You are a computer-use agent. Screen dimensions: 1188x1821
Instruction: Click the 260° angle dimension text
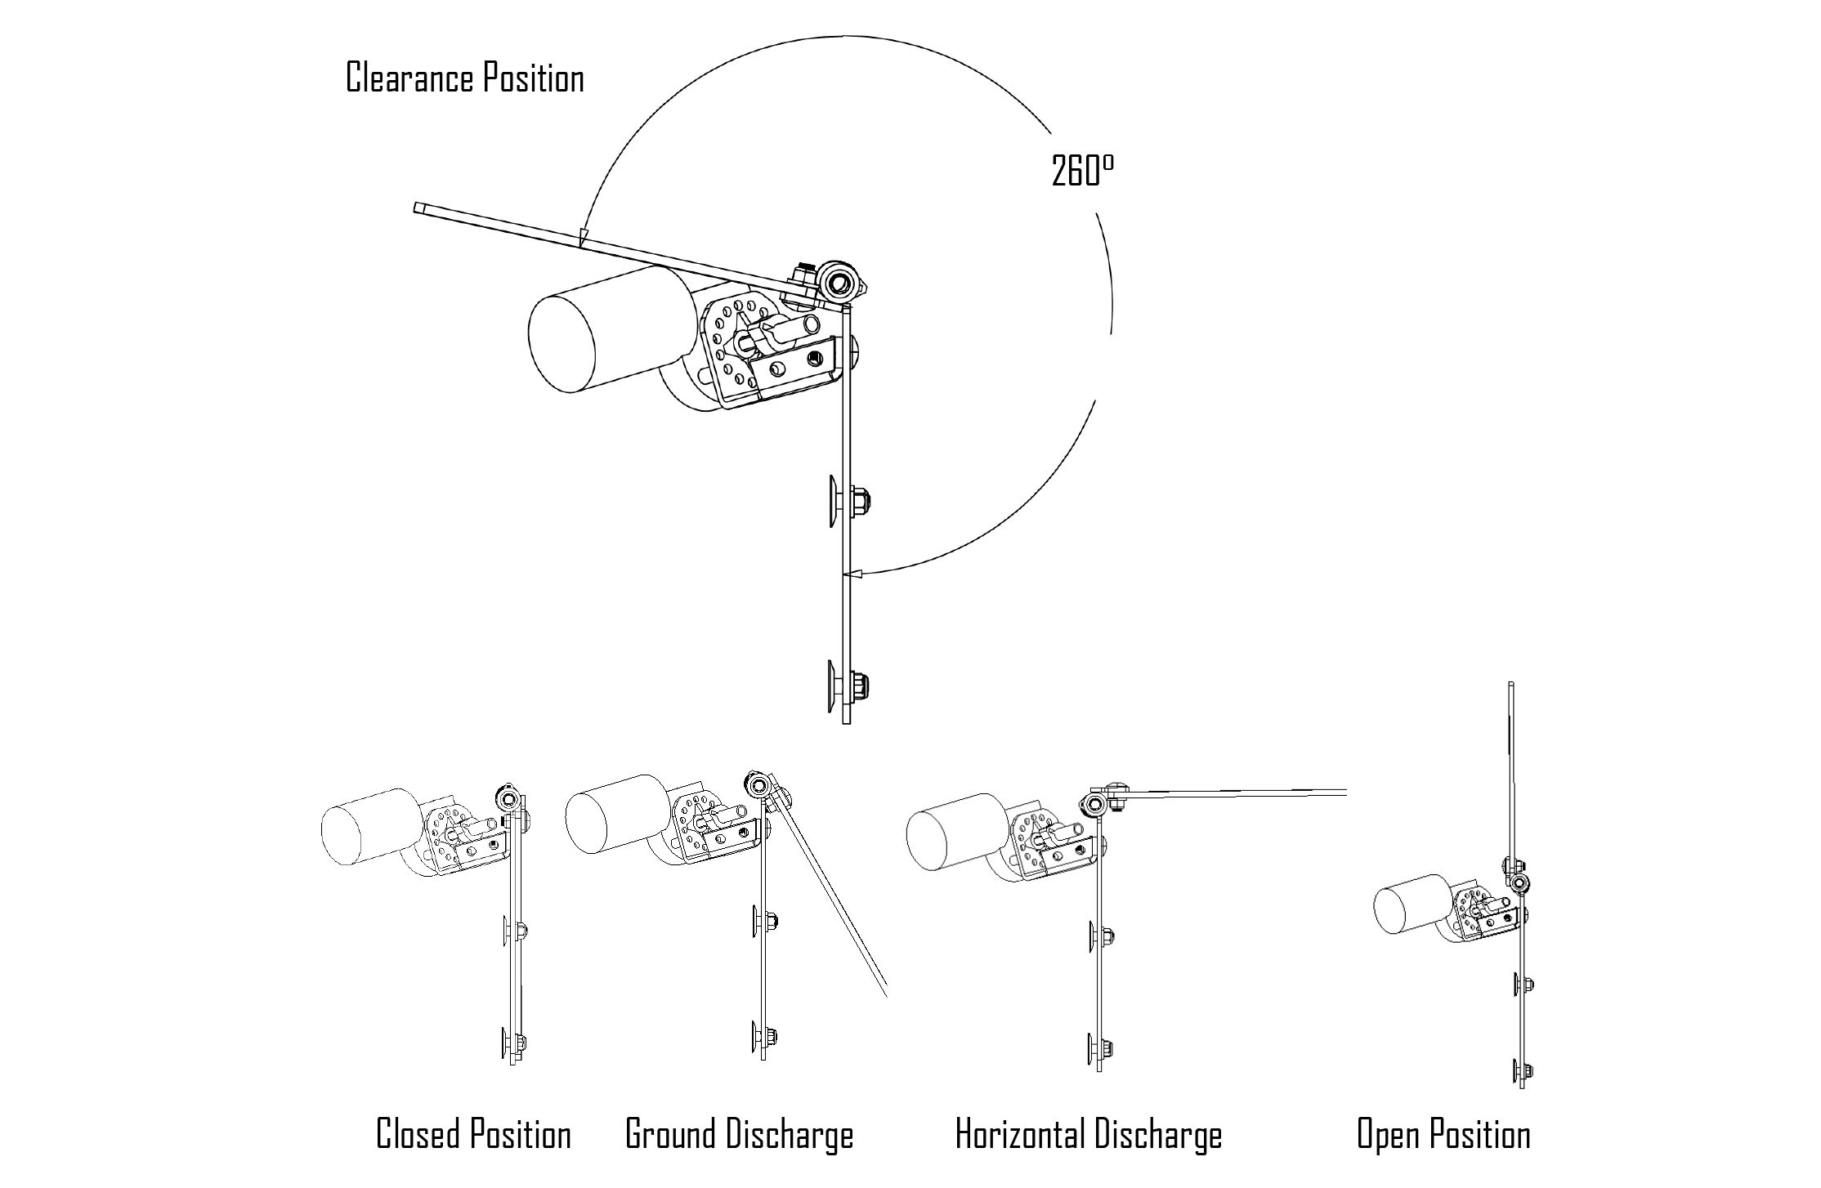point(1082,172)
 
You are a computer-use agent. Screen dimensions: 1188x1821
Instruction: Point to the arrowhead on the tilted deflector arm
point(581,237)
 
